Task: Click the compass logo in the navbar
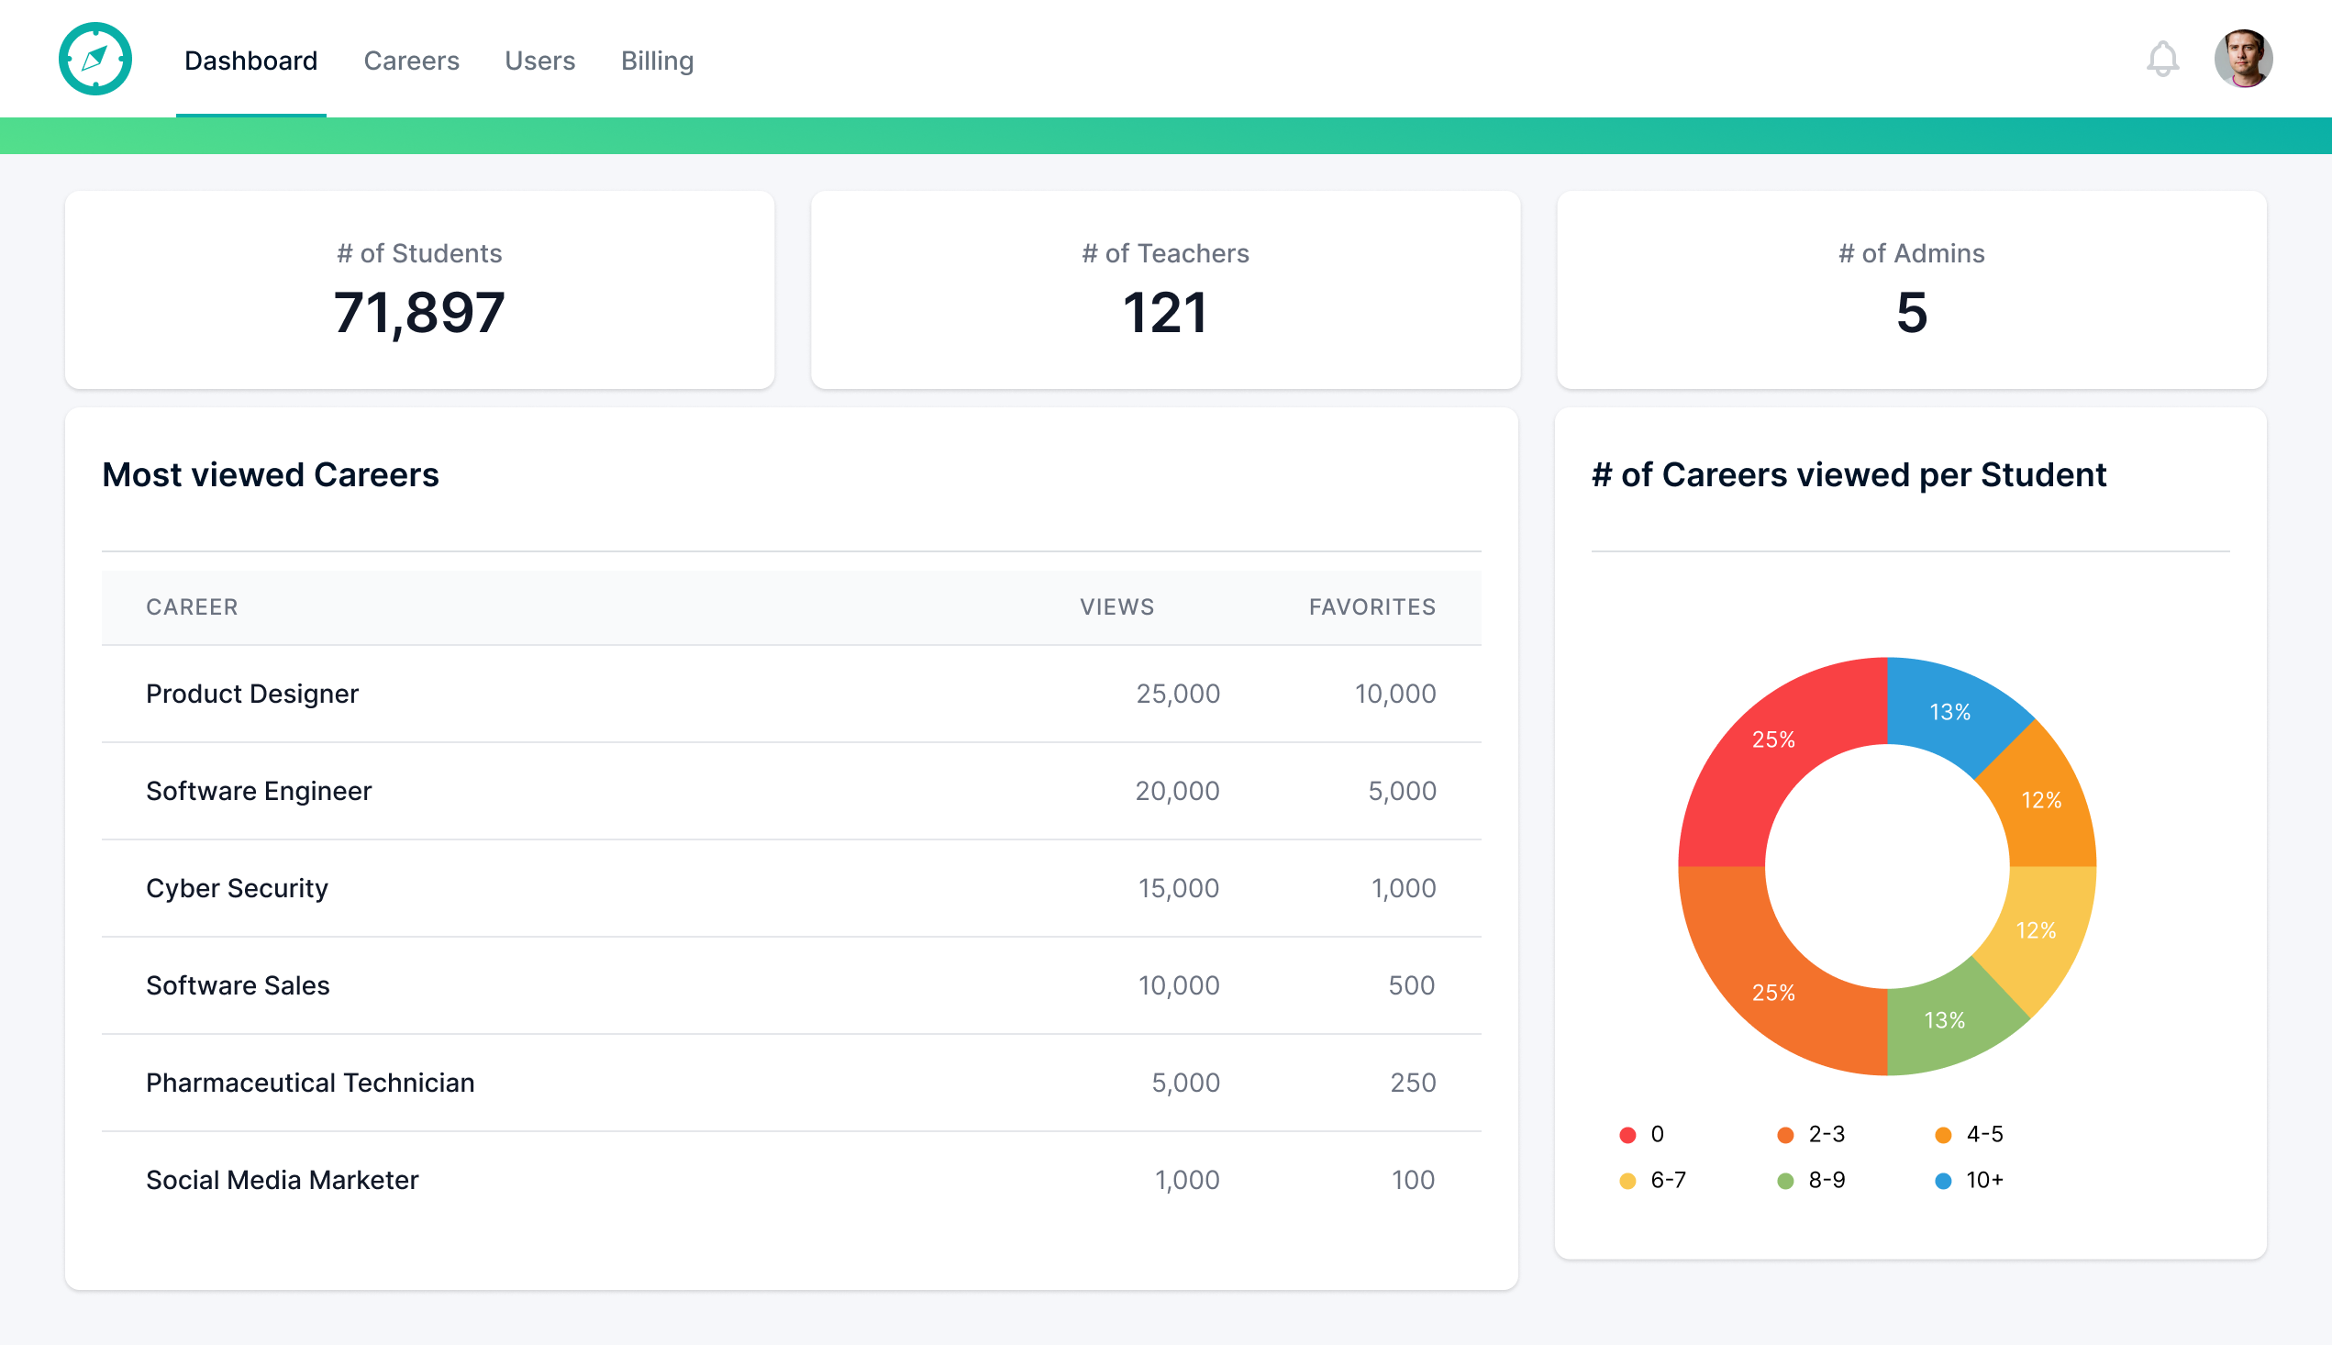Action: pos(95,59)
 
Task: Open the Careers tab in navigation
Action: pos(411,61)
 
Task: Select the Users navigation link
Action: pos(539,61)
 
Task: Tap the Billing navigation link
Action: pos(657,61)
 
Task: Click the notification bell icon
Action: pos(2161,59)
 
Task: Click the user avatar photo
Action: pos(2242,59)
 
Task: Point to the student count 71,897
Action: pos(419,312)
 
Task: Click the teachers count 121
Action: pos(1164,312)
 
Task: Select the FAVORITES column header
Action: pos(1371,607)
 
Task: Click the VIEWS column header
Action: pos(1116,607)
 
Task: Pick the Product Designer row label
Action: pos(252,694)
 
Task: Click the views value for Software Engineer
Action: pos(1177,791)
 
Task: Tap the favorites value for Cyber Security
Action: pos(1403,888)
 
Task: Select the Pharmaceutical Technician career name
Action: pos(310,1083)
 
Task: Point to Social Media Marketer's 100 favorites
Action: pos(1412,1180)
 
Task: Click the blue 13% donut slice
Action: pos(1949,711)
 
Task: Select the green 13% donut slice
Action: pos(1944,1020)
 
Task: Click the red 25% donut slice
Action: pos(1773,739)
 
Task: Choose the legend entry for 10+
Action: pos(1969,1180)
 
